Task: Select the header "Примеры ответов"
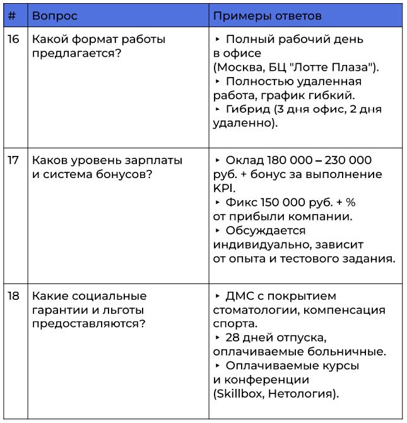coord(267,15)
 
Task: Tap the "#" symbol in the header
coord(12,15)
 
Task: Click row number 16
coord(13,39)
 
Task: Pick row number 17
coord(13,160)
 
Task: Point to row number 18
coord(13,296)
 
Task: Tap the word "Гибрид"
coord(247,109)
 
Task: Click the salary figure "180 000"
coord(288,160)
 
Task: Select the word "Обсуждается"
coord(265,230)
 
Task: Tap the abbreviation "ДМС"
coord(240,296)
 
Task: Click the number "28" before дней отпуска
coord(232,338)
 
